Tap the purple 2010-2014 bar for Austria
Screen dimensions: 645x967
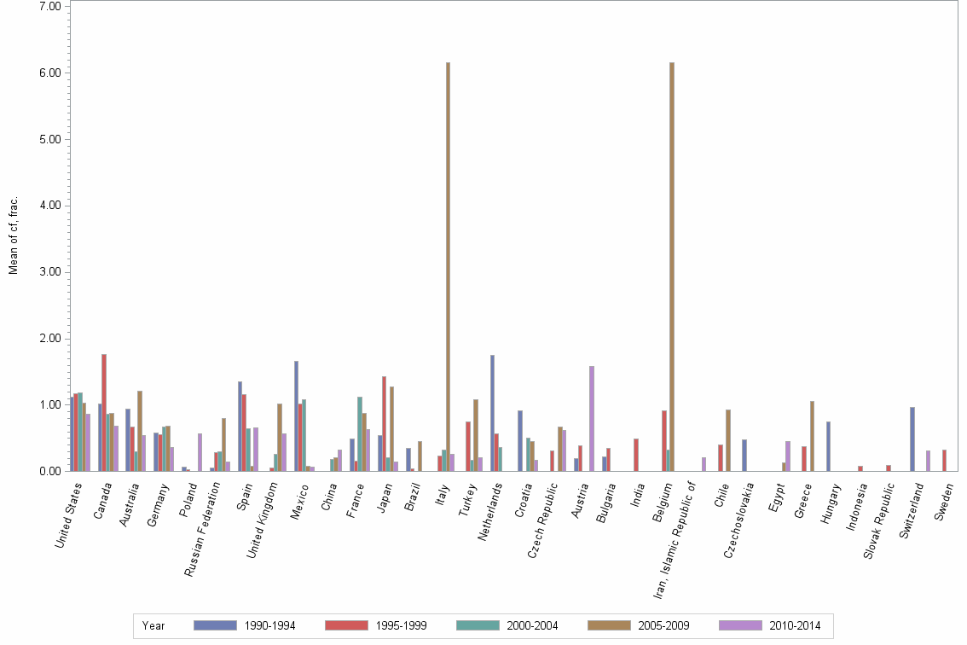tap(592, 418)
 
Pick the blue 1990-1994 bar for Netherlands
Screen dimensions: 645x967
tap(493, 413)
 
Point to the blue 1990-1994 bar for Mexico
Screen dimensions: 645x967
tap(296, 415)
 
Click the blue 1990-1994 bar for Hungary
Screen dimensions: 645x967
tap(828, 446)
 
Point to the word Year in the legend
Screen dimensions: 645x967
tap(153, 625)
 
